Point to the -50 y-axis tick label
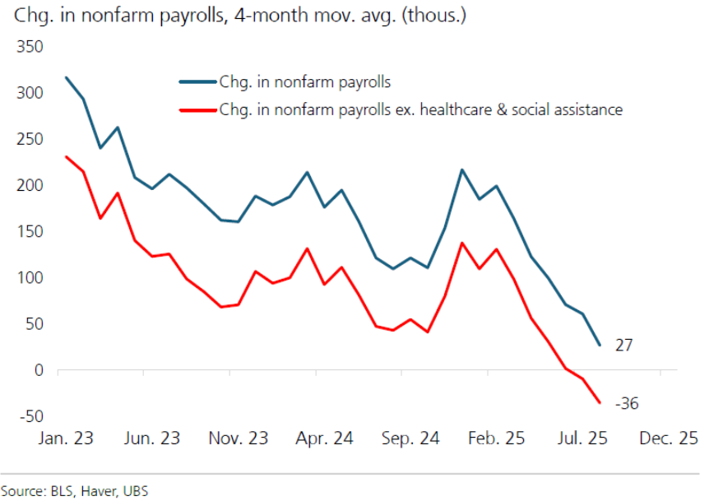tap(30, 415)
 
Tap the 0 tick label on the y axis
tap(38, 370)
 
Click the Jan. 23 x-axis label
tap(66, 438)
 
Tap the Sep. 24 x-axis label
tap(412, 438)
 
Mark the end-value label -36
tap(627, 404)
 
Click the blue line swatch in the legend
tap(197, 81)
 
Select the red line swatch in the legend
tap(197, 109)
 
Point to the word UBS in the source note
tap(137, 490)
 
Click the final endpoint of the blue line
tap(599, 345)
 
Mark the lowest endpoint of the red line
tap(599, 402)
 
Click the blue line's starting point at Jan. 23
tap(66, 77)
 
